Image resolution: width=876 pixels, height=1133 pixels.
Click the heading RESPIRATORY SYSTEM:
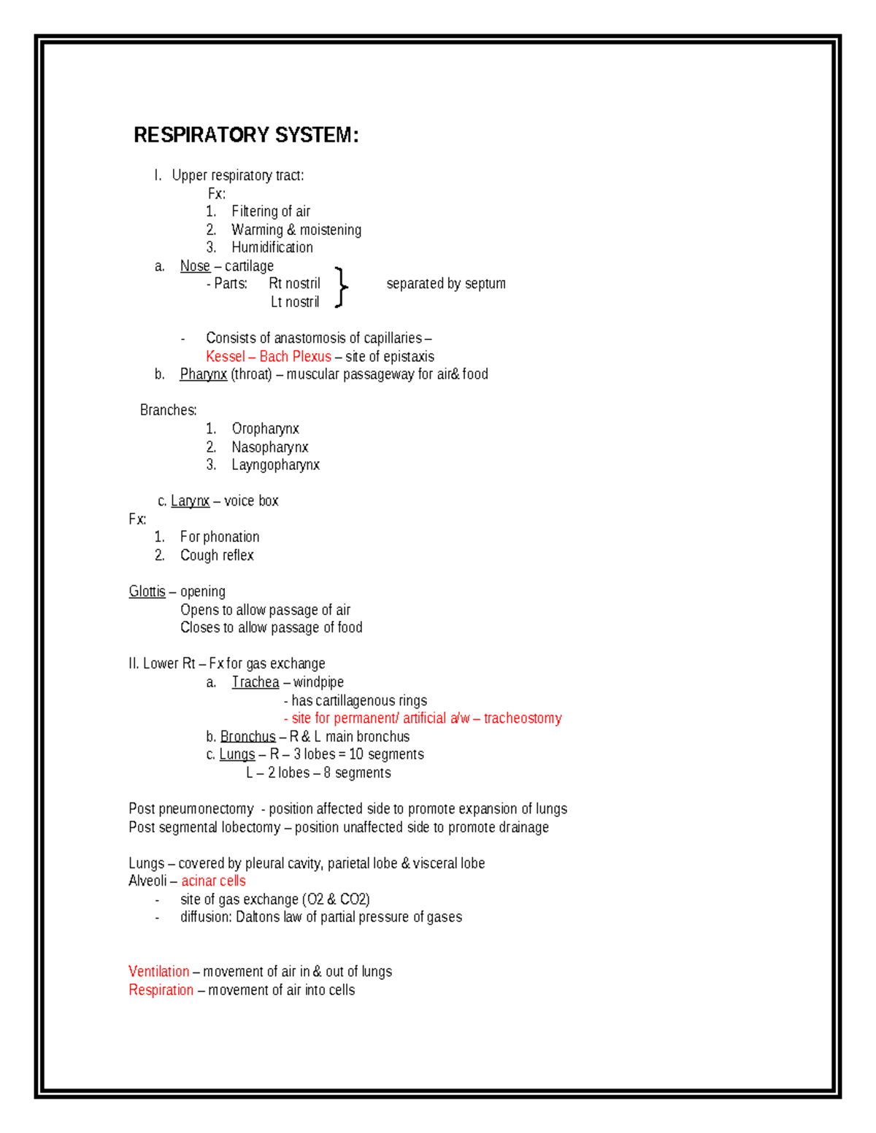(246, 135)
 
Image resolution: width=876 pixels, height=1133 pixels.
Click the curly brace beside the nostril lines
(340, 287)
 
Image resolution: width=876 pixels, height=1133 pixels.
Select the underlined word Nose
(195, 266)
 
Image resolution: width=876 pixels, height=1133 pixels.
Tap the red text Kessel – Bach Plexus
(268, 357)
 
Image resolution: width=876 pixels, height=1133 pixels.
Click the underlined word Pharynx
(203, 374)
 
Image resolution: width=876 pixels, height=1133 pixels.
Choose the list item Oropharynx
(265, 429)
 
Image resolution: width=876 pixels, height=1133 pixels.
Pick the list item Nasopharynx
(269, 447)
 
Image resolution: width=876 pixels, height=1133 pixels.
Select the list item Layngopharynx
(275, 465)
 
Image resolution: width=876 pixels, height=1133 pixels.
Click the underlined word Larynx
(190, 501)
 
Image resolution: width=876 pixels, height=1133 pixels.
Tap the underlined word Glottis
(147, 592)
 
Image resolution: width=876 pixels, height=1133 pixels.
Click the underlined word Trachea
(255, 682)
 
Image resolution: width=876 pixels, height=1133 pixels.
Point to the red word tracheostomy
(523, 719)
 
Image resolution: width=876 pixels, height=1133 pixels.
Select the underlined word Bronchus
(247, 737)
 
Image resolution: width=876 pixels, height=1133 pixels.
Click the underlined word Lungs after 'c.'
(237, 754)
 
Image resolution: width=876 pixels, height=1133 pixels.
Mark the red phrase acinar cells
(213, 881)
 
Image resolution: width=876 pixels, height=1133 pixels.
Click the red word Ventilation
(158, 972)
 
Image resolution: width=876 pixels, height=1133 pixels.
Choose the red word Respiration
(161, 990)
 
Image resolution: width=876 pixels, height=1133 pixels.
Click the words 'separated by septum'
(445, 284)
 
